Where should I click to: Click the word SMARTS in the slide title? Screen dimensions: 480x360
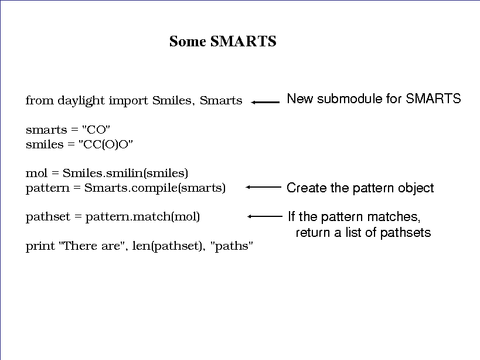[243, 41]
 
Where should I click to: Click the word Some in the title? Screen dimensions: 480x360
[188, 41]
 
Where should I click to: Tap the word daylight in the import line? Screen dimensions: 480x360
[81, 101]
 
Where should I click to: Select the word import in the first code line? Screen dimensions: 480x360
[128, 101]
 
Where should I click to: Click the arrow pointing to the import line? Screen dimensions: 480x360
[265, 102]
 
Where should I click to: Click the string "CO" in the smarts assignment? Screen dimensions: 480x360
[96, 130]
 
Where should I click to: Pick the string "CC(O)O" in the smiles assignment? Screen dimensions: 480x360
[105, 144]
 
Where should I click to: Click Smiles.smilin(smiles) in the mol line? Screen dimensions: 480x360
[125, 174]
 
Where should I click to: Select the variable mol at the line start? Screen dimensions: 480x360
[37, 174]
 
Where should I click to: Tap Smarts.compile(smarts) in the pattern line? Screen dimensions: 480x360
[155, 188]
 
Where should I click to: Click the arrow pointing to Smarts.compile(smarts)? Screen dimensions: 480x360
[263, 187]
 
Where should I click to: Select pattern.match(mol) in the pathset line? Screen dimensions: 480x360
[142, 217]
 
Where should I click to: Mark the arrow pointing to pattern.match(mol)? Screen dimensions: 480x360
[265, 216]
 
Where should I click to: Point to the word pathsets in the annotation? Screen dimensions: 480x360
[406, 233]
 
